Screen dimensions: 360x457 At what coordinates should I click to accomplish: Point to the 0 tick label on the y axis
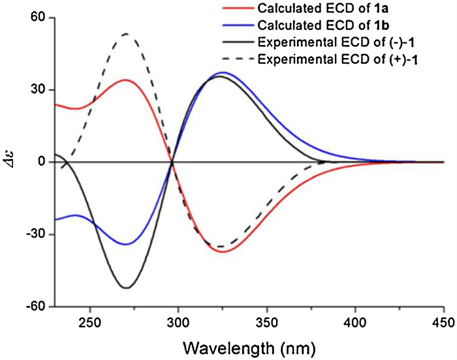pos(39,162)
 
